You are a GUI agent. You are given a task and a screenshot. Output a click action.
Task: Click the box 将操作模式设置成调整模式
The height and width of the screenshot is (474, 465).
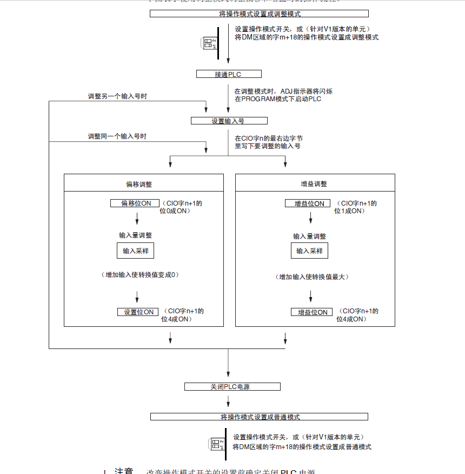[259, 14]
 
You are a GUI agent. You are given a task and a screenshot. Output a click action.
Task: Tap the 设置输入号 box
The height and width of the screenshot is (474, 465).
[229, 121]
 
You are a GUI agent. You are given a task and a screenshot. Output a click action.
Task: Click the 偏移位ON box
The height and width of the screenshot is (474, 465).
[135, 203]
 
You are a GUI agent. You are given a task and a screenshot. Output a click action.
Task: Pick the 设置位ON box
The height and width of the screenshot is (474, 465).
[138, 312]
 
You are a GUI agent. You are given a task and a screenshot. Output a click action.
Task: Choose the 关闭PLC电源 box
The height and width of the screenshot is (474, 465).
[232, 387]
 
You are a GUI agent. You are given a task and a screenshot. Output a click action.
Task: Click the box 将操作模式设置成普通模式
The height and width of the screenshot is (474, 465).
[259, 417]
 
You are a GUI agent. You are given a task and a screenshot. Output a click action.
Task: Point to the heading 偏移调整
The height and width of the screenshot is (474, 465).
[139, 185]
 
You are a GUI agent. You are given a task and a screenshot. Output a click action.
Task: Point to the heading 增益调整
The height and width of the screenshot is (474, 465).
[314, 185]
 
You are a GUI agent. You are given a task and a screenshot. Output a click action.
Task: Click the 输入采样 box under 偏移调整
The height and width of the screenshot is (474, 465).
[136, 251]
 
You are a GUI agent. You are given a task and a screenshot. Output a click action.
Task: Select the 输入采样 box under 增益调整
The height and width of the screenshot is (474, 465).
[310, 251]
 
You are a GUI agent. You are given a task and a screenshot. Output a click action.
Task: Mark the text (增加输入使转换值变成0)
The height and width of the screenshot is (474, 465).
[140, 275]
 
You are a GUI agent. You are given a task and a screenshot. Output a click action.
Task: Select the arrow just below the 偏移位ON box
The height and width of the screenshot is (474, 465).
[137, 218]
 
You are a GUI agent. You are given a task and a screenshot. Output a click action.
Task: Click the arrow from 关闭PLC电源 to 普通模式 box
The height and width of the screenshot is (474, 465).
[228, 401]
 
